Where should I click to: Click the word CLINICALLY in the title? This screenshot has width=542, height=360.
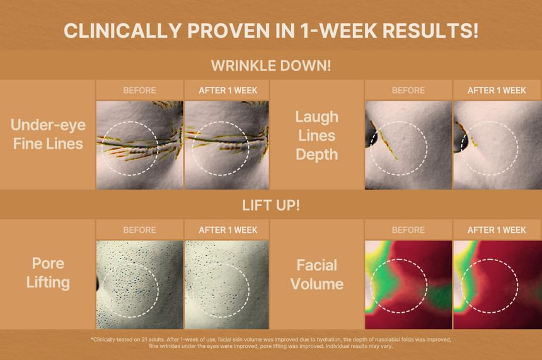click(123, 30)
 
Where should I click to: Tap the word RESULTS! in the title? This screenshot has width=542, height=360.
click(430, 30)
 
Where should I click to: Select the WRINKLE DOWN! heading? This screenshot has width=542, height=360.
click(271, 66)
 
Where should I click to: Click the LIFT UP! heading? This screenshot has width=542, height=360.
click(271, 206)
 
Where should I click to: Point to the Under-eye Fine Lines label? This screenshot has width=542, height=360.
click(48, 134)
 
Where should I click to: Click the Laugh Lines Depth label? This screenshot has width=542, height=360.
click(316, 136)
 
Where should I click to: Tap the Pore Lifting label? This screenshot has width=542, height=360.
click(48, 273)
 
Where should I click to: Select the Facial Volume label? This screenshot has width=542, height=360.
click(316, 275)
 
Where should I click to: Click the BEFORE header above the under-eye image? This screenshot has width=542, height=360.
click(140, 91)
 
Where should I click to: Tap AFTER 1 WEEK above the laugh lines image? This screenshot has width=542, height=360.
click(497, 91)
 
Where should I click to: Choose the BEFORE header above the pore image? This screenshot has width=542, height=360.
click(140, 230)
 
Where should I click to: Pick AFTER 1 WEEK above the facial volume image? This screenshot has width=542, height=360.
click(497, 230)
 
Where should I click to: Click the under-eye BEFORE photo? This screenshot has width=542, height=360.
click(140, 145)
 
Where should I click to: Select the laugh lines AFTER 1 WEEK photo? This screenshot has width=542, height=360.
click(497, 145)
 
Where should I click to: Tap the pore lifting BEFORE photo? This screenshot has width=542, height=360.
click(140, 284)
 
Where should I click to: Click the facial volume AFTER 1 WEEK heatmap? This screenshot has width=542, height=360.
click(497, 284)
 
